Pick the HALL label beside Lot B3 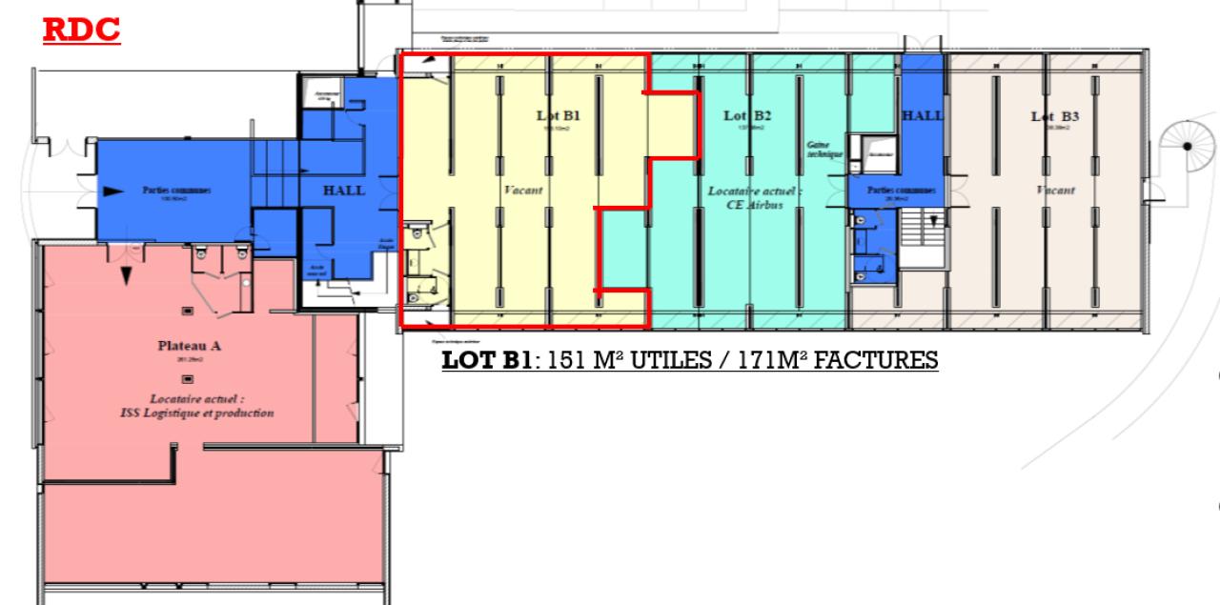pos(923,115)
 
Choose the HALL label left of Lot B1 pos(344,191)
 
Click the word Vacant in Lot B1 pos(523,191)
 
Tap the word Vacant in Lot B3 pos(1055,191)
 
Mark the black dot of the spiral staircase pos(1188,146)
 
